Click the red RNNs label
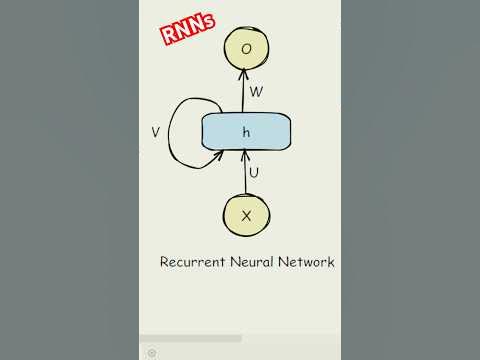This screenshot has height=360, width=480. pyautogui.click(x=189, y=30)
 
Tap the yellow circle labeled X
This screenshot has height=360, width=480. pyautogui.click(x=246, y=215)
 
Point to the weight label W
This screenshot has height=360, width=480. pyautogui.click(x=256, y=93)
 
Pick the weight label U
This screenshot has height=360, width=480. pyautogui.click(x=254, y=173)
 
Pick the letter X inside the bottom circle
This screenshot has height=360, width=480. pyautogui.click(x=246, y=215)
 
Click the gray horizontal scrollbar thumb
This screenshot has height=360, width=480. pyautogui.click(x=190, y=338)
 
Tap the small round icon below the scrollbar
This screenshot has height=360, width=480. pyautogui.click(x=151, y=352)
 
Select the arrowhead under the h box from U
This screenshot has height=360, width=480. pyautogui.click(x=245, y=155)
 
